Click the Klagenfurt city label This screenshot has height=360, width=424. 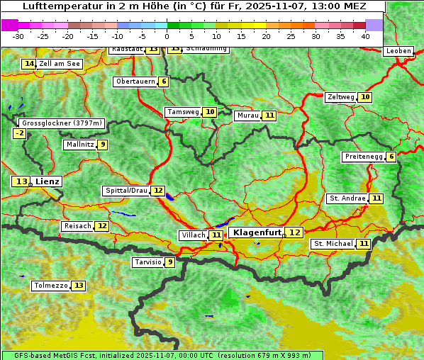(x=256, y=232)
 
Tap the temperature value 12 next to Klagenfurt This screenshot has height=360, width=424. (x=294, y=232)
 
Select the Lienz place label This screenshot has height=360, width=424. (x=48, y=181)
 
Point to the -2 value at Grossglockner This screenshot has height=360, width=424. (x=20, y=133)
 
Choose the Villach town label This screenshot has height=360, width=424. (x=193, y=235)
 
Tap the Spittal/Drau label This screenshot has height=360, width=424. (x=126, y=191)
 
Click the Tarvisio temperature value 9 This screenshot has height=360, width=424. (x=169, y=262)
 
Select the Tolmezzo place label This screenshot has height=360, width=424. (x=50, y=286)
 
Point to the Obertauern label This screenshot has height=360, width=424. (x=135, y=81)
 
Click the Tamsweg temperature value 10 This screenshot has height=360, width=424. (x=210, y=112)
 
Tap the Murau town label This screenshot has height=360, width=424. (x=247, y=116)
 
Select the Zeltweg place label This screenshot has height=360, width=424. (x=340, y=97)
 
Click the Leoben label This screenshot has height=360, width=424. (x=398, y=51)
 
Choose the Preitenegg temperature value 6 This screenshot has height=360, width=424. (x=391, y=157)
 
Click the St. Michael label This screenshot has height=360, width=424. (x=333, y=244)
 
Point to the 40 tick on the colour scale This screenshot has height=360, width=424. (x=365, y=36)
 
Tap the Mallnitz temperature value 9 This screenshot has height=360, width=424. (x=103, y=145)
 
